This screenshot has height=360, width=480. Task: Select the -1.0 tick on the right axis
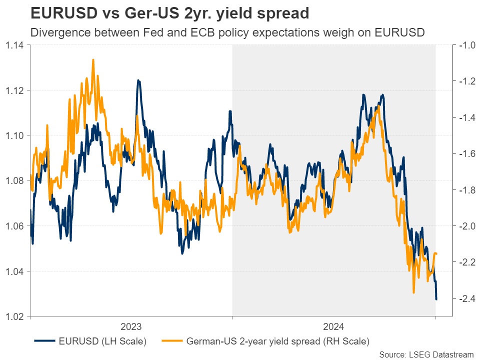coord(465,45)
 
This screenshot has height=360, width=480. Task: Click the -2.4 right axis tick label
coord(465,298)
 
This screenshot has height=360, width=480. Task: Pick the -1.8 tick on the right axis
coord(465,190)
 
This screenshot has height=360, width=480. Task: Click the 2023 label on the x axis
coord(131,327)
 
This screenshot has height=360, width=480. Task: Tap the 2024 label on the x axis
coord(333,327)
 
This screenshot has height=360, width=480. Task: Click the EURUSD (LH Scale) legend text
coord(102,342)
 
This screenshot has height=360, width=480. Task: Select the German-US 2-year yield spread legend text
coord(277,342)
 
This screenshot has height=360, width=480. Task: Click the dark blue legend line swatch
coord(44,342)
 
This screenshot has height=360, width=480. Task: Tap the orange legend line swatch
coord(171,342)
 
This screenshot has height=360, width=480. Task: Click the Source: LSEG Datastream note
coord(426,354)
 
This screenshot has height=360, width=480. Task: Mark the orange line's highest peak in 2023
coord(93,59)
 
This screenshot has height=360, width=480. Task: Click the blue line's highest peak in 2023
coord(138,80)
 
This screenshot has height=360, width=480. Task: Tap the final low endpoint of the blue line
coord(436,299)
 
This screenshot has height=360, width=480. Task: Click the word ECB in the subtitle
coord(205,33)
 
